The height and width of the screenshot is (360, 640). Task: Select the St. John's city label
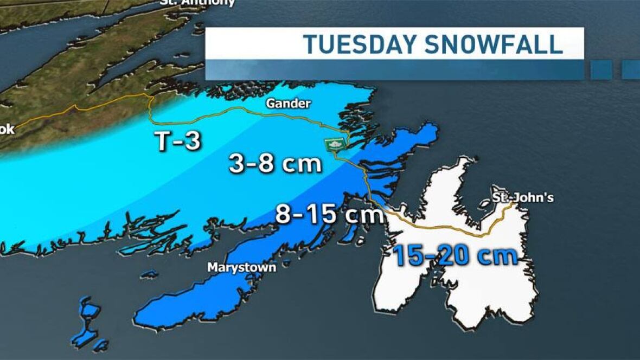522,197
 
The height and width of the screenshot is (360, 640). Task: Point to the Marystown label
241,267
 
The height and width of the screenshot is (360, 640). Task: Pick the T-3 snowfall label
177,141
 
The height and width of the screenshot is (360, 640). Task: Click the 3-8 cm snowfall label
275,164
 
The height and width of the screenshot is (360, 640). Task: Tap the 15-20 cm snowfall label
456,255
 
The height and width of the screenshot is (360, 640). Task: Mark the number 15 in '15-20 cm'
409,255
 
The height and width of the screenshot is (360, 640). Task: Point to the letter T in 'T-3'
161,141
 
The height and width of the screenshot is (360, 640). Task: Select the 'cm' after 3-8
304,165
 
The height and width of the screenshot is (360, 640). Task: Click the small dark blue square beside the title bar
601,69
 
